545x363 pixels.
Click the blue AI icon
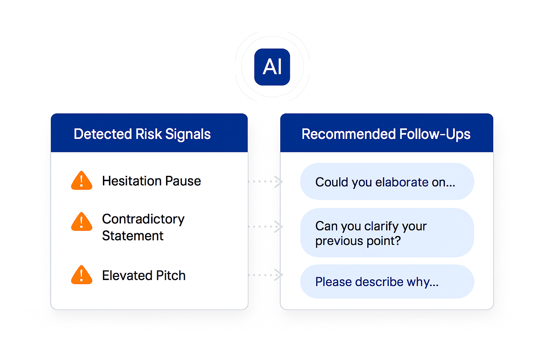[x=272, y=67]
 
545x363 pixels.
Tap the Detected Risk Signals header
[x=149, y=133]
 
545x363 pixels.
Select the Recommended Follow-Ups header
[x=387, y=133]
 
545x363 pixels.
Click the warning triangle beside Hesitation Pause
[x=82, y=180]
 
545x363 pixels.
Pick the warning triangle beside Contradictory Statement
[x=82, y=222]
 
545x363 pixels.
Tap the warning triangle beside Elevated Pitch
[x=82, y=275]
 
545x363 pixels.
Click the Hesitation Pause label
[x=152, y=181]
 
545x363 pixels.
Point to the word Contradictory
[x=143, y=219]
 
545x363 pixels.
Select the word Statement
[x=133, y=236]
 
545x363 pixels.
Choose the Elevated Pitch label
[x=144, y=275]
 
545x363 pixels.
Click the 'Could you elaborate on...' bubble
[x=387, y=181]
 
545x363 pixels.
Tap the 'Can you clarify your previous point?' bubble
[x=387, y=233]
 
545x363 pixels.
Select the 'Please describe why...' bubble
[x=387, y=281]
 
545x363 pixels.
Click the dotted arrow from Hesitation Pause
[x=265, y=181]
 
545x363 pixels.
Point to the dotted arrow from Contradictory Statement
[x=265, y=227]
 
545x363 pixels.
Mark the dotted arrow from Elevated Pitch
[x=265, y=275]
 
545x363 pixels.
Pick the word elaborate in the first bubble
[x=401, y=182]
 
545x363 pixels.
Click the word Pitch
[x=171, y=275]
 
